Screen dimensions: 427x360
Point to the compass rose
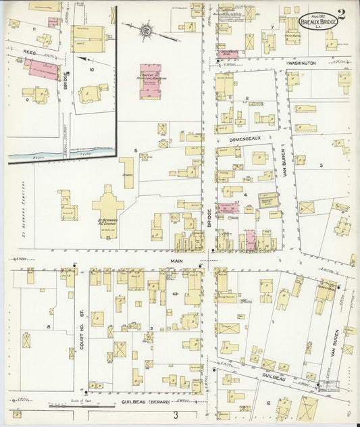coord(147,30)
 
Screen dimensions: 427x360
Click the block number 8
coord(48,327)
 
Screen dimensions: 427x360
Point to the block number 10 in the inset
coord(91,68)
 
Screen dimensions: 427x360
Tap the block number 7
coord(272,27)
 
